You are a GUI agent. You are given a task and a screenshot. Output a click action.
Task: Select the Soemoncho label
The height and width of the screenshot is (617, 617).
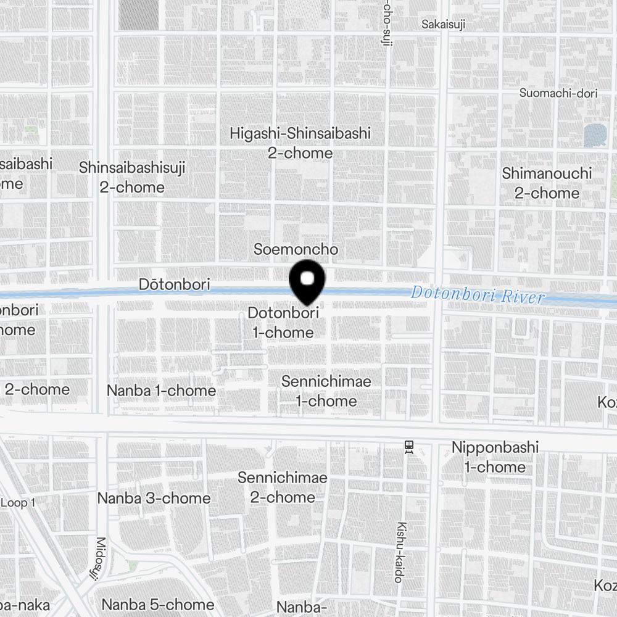click(296, 249)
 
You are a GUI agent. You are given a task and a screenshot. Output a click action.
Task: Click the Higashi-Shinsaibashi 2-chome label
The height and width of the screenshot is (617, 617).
click(300, 143)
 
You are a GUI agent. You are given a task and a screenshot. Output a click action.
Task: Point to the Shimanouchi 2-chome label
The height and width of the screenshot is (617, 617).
click(547, 183)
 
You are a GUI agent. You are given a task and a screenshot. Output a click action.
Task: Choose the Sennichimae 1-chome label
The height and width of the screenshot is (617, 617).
click(326, 391)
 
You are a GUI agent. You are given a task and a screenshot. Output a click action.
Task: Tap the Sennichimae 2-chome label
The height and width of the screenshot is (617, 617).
click(283, 487)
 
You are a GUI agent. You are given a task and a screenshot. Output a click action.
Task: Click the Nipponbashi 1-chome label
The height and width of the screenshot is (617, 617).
click(495, 457)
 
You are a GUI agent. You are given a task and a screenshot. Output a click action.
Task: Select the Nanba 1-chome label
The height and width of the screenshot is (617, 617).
click(161, 391)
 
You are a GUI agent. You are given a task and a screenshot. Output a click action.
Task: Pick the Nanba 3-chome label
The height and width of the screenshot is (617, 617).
click(154, 498)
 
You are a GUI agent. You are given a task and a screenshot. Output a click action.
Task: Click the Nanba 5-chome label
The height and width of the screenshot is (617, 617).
click(158, 605)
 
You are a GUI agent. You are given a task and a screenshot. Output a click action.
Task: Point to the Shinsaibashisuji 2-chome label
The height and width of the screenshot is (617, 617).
click(132, 177)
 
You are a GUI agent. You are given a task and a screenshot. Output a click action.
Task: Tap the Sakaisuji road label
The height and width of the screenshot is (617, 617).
click(443, 25)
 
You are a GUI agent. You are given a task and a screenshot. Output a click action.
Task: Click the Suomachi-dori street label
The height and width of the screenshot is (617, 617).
click(559, 93)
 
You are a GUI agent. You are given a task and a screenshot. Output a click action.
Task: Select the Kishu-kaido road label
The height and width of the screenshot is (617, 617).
click(400, 552)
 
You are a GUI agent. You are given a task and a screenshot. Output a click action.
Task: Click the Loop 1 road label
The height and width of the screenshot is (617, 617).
click(17, 503)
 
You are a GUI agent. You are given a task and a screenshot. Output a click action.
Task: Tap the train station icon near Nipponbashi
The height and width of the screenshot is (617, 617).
click(408, 446)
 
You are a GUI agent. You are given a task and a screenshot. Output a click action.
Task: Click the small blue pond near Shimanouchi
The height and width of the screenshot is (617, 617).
click(595, 135)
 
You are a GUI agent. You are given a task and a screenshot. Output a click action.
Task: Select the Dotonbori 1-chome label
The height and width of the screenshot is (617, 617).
click(283, 323)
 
